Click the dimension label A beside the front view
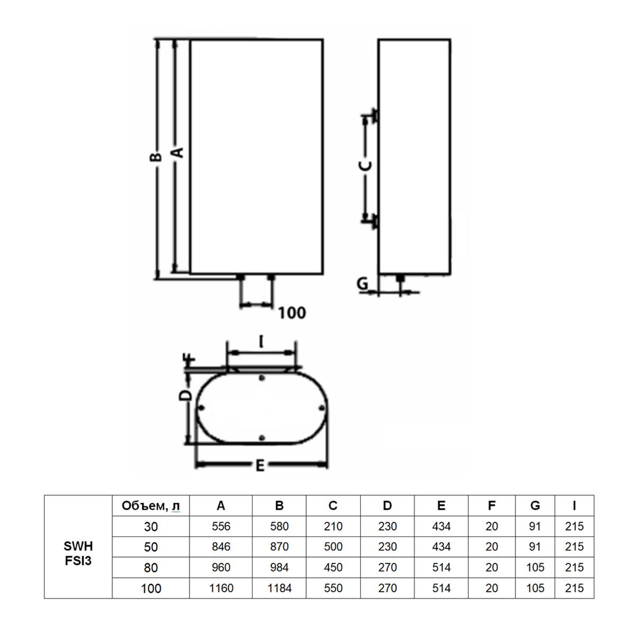[x=178, y=152]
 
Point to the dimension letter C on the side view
[x=365, y=166]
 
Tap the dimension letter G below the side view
[x=363, y=283]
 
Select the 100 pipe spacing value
[x=292, y=313]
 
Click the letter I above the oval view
[x=261, y=341]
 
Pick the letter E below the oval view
[x=260, y=466]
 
